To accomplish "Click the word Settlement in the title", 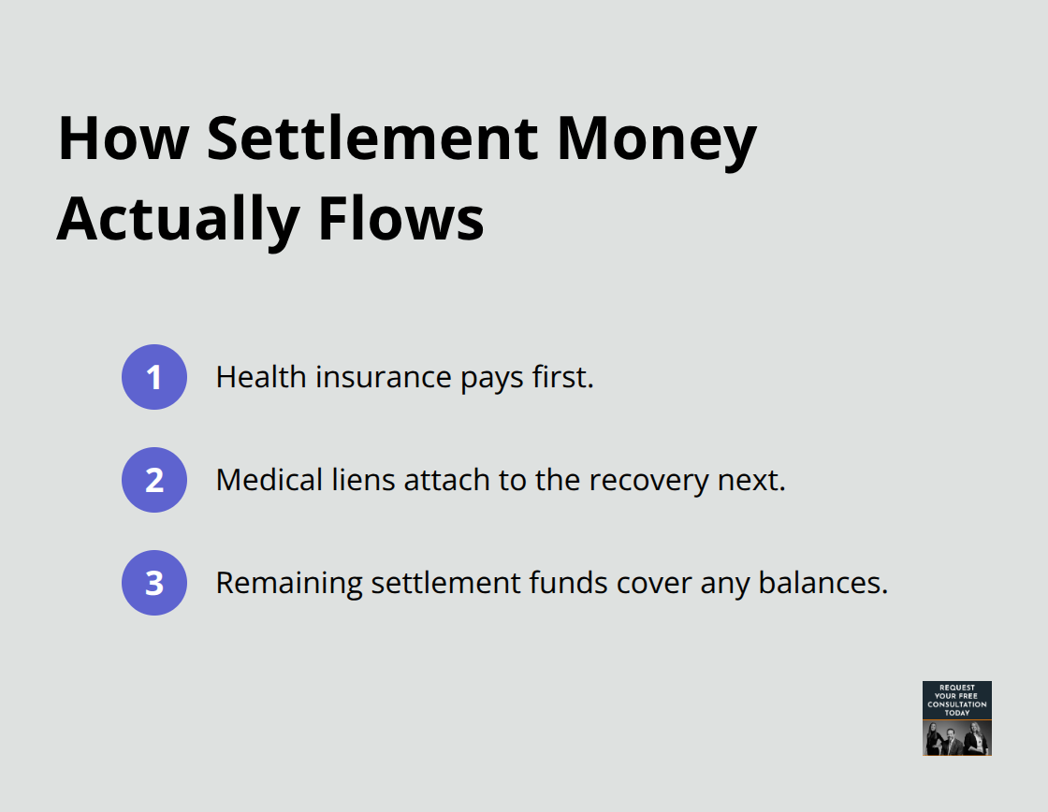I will [371, 138].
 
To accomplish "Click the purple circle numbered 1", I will [154, 377].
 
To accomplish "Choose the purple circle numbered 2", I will [154, 480].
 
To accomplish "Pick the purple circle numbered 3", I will [154, 583].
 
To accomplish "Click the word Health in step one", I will [260, 377].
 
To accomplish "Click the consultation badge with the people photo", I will [956, 718].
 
